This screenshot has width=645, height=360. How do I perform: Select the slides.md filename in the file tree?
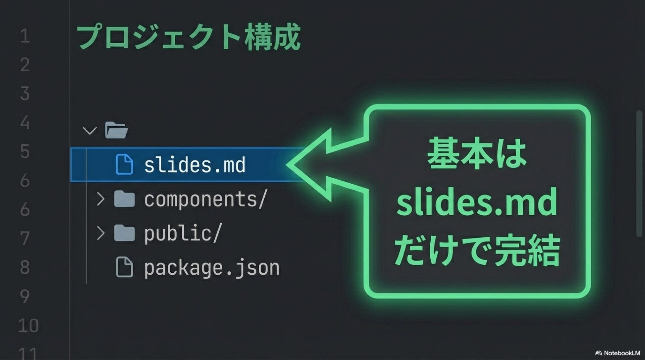[x=195, y=165]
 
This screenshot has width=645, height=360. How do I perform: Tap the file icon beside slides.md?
[x=124, y=165]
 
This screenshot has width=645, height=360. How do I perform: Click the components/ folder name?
[x=206, y=199]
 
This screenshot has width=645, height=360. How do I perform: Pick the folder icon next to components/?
[x=124, y=199]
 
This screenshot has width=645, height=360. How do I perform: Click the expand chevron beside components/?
[x=100, y=199]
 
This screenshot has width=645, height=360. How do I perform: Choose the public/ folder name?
[x=183, y=233]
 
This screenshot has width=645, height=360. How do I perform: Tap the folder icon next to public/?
[x=124, y=233]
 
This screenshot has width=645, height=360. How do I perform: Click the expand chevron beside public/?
[x=100, y=233]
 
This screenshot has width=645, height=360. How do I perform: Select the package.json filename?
[x=212, y=268]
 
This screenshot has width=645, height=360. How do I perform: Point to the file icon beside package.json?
[x=124, y=267]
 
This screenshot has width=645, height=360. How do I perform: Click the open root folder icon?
[x=116, y=130]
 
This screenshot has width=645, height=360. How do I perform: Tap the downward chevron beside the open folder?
[x=90, y=130]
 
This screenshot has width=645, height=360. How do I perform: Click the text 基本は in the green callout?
[x=476, y=154]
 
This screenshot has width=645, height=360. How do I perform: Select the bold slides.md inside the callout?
[x=476, y=202]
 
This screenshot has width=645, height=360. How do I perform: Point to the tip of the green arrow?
[x=288, y=165]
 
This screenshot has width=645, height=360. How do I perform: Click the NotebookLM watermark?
[x=618, y=353]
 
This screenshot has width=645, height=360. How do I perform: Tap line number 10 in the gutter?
[x=28, y=325]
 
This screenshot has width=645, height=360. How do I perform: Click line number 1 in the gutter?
[x=25, y=36]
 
